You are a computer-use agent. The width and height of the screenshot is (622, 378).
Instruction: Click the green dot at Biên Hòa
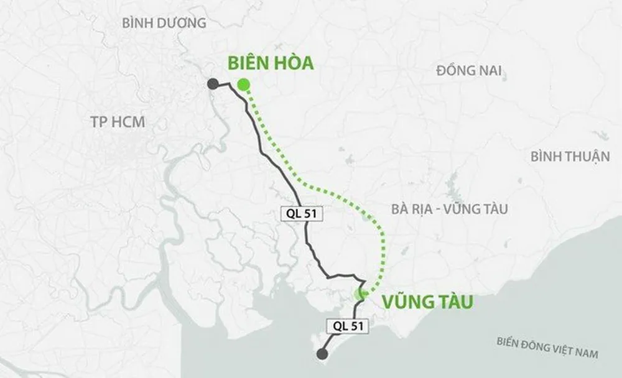tap(244, 85)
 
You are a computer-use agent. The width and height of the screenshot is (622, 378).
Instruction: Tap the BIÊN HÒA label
tap(271, 63)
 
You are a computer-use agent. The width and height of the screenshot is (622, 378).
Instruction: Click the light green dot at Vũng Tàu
tap(360, 295)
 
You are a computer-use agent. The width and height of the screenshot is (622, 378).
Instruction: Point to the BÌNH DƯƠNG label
tap(164, 24)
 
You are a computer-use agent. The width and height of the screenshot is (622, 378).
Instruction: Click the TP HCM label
tap(118, 122)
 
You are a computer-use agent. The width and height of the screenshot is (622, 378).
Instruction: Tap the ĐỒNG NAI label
tap(469, 70)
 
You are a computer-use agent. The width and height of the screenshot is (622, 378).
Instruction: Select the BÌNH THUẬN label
tap(570, 157)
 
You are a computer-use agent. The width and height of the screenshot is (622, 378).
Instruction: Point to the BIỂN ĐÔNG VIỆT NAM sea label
tap(548, 348)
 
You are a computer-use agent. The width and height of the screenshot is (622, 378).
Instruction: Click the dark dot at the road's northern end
tap(213, 85)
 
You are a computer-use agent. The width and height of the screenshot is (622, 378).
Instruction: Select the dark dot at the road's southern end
tap(322, 354)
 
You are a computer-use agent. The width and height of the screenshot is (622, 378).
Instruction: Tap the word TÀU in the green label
tap(449, 303)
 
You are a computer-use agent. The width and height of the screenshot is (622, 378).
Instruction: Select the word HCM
tap(129, 122)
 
